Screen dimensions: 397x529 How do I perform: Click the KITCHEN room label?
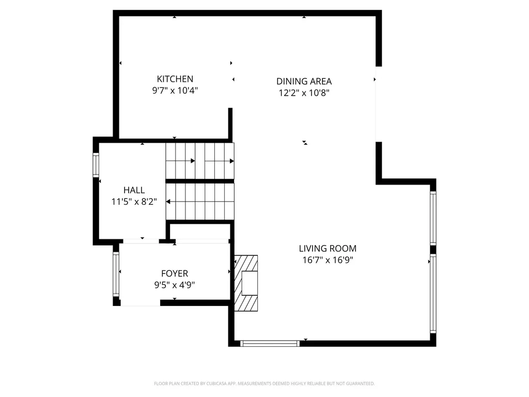point(175,79)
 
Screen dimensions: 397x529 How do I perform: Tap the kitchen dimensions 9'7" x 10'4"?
point(175,90)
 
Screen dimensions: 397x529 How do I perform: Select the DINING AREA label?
point(304,81)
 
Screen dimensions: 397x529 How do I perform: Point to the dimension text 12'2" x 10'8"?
point(304,93)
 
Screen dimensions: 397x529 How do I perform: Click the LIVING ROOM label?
point(328,249)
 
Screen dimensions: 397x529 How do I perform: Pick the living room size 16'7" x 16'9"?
point(328,260)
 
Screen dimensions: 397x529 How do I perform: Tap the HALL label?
point(134,190)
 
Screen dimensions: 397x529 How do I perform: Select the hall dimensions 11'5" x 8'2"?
point(134,202)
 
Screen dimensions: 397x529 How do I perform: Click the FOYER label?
point(175,273)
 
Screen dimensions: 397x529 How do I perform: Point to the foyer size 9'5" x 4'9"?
point(175,285)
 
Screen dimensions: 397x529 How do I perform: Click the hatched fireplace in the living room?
point(246,283)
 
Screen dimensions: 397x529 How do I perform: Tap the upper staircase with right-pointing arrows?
point(200,161)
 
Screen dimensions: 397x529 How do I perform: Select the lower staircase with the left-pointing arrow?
point(200,201)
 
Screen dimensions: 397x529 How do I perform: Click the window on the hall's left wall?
point(96,165)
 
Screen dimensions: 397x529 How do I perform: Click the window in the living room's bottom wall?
point(270,343)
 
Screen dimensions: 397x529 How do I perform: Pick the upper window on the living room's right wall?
point(433,218)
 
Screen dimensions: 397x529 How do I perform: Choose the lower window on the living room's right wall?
point(433,293)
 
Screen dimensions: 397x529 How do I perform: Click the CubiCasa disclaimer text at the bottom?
point(264,384)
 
